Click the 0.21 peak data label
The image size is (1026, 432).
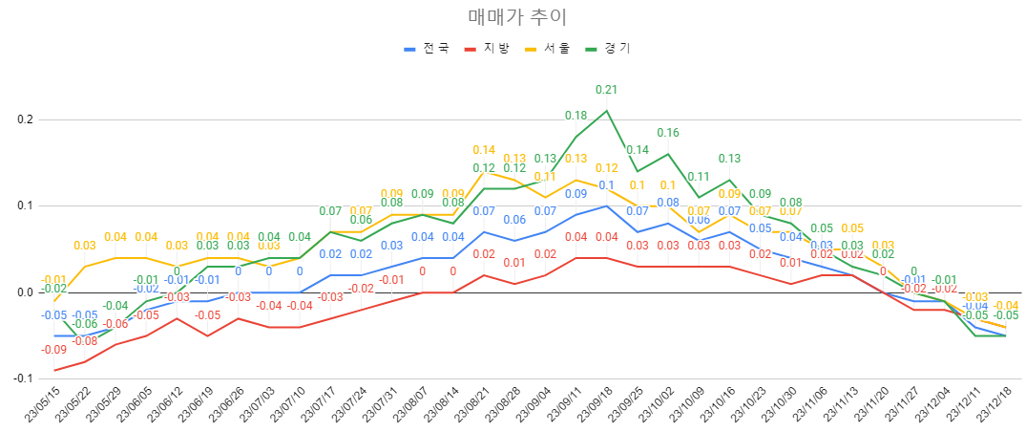(x=606, y=90)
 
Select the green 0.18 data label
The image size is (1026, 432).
(x=576, y=116)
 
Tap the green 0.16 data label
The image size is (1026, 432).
(x=667, y=133)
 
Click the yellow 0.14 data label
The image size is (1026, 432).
(x=484, y=150)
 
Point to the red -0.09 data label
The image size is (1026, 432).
(x=54, y=350)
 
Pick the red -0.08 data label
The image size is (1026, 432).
(x=85, y=341)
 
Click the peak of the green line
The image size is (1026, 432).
(x=606, y=110)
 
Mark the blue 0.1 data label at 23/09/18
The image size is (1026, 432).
(x=606, y=185)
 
